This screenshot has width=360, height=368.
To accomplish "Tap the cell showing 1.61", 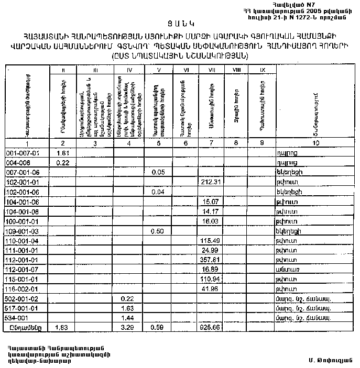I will click(63, 153).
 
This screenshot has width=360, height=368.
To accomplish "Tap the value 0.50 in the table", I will click(157, 230).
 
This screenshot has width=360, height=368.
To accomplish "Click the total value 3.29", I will click(125, 327).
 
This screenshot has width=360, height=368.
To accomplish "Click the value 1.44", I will click(125, 317).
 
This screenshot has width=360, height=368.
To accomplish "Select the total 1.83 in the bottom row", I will click(63, 327).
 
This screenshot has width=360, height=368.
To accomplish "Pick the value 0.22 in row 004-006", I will click(63, 163).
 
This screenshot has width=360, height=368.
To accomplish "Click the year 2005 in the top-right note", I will click(311, 10).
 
